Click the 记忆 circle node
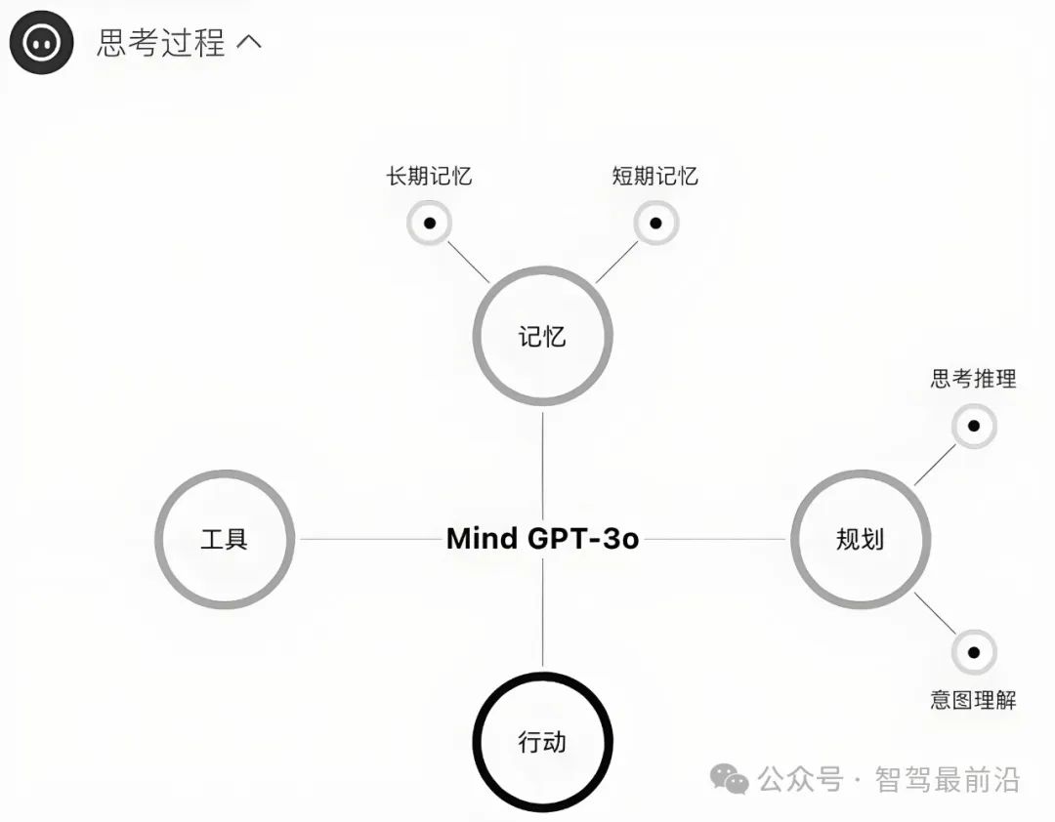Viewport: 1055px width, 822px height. [x=542, y=336]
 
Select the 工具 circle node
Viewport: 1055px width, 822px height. [x=225, y=539]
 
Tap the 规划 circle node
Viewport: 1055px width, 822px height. [x=860, y=539]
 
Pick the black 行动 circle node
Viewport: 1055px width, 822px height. [x=542, y=742]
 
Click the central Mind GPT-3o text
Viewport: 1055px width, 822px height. [x=542, y=539]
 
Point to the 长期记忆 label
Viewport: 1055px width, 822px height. [x=429, y=177]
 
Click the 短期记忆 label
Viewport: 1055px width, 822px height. [x=654, y=177]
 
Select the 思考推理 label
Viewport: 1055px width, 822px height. [x=973, y=379]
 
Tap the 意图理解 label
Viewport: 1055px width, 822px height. [x=973, y=700]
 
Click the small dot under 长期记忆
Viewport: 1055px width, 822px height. [x=429, y=223]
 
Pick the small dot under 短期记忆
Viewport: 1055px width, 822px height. [x=655, y=223]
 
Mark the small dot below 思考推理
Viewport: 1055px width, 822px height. [x=973, y=426]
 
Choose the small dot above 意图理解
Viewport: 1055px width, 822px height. [x=973, y=652]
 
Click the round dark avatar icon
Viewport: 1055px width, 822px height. [x=42, y=42]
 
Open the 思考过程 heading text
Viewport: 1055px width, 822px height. [x=161, y=43]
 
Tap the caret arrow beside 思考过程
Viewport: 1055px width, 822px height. [x=249, y=43]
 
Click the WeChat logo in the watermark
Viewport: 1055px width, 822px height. [x=729, y=778]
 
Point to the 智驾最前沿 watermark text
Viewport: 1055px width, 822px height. [x=948, y=779]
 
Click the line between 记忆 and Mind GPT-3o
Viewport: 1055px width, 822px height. [x=542, y=464]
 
